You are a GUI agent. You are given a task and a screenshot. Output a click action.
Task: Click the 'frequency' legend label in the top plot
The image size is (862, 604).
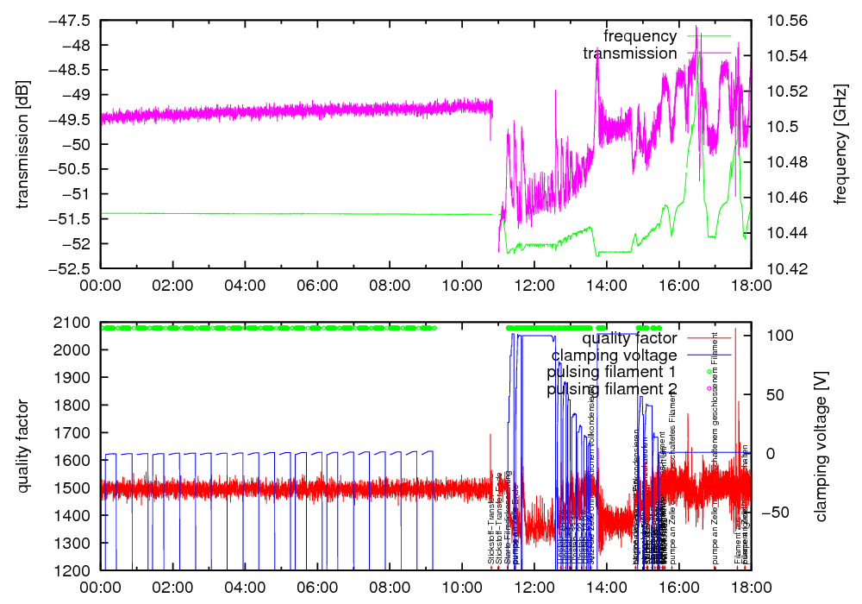click(x=640, y=36)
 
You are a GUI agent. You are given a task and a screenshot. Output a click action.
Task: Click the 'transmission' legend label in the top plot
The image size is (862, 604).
click(x=630, y=53)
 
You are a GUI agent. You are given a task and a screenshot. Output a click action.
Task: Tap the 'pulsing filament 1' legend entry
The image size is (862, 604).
click(x=611, y=373)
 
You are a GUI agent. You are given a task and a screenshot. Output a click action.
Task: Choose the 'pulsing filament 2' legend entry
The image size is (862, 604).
click(x=611, y=390)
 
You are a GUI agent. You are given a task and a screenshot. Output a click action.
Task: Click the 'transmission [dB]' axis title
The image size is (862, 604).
click(x=22, y=144)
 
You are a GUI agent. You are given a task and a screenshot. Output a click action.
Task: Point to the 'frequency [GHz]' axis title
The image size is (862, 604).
click(x=840, y=144)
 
